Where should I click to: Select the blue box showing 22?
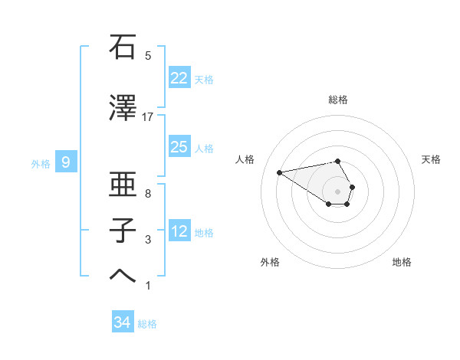[179, 78]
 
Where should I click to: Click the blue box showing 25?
[179, 147]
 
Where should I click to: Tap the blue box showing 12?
[179, 231]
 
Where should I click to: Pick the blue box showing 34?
[123, 322]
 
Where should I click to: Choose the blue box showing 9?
[66, 162]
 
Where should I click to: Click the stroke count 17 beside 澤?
[148, 117]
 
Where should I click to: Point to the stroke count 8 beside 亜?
[148, 194]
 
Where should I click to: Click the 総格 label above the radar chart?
[338, 100]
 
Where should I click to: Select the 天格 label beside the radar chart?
[432, 159]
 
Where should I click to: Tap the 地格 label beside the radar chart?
[402, 262]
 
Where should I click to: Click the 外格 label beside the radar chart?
[270, 262]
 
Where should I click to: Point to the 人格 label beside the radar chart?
[245, 159]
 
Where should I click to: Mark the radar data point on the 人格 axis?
[280, 172]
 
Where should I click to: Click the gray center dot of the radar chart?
[338, 191]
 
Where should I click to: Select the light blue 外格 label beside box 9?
[41, 163]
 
